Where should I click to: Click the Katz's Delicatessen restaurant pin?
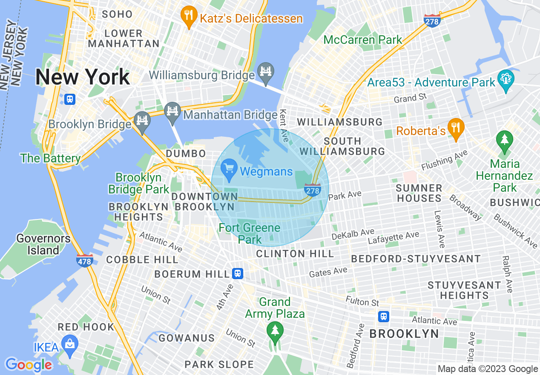click(x=188, y=17)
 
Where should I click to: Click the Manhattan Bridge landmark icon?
click(x=172, y=112)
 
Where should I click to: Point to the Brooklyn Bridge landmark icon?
click(x=141, y=120)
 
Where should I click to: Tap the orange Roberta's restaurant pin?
click(x=456, y=128)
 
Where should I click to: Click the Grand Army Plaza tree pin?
click(x=275, y=331)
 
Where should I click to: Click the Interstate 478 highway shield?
click(x=85, y=260)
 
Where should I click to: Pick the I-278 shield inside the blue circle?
click(x=312, y=190)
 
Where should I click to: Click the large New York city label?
click(x=83, y=77)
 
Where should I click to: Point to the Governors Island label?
click(x=43, y=244)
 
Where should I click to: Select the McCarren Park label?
click(x=362, y=40)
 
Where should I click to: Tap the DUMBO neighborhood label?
click(x=186, y=153)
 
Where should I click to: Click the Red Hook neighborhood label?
click(x=86, y=327)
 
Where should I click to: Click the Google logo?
click(x=29, y=365)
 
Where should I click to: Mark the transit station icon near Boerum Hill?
click(x=238, y=274)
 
